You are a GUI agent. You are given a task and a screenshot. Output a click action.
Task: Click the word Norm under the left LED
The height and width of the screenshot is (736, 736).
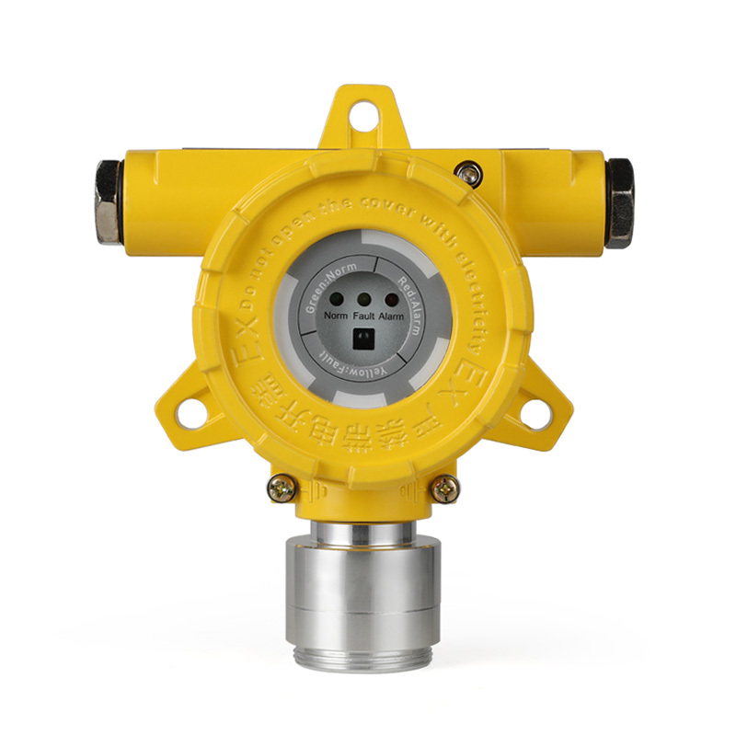[x=336, y=315]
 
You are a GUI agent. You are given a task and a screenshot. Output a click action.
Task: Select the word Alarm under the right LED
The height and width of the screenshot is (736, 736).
[x=395, y=315]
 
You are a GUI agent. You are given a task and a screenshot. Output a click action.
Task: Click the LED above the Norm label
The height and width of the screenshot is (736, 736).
[x=338, y=299]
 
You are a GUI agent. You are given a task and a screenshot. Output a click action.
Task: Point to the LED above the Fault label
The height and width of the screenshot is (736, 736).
[x=364, y=299]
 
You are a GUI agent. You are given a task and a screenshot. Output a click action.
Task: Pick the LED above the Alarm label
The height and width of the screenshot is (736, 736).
[x=391, y=299]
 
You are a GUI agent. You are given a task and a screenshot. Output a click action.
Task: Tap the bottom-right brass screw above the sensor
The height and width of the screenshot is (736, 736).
[x=445, y=489]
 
